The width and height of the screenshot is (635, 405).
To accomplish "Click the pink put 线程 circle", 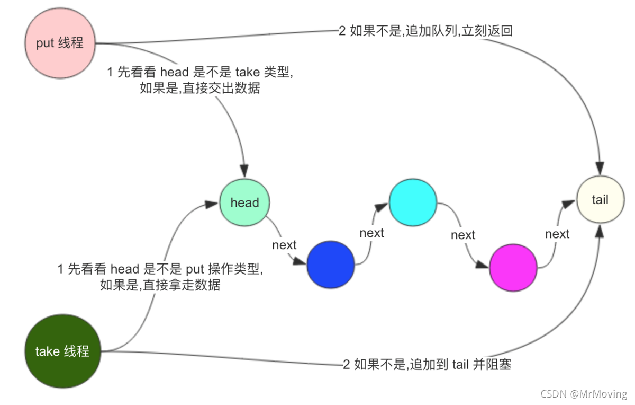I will [x=60, y=43].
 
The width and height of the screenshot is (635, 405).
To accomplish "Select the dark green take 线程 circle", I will [x=61, y=351].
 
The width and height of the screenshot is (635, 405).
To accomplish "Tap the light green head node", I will [x=244, y=202].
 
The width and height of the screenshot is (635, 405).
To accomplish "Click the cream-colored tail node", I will [x=600, y=200].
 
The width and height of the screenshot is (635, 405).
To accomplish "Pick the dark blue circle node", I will [x=331, y=265].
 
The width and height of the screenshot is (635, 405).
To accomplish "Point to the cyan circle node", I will [x=413, y=202].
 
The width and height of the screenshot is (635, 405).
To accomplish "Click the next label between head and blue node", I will [x=284, y=245].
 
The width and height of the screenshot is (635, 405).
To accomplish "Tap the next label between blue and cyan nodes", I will [x=371, y=233].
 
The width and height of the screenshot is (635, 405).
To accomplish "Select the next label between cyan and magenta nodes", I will [x=463, y=235].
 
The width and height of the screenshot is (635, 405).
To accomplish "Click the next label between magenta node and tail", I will [x=557, y=234].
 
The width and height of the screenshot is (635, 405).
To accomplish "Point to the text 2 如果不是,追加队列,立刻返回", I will [x=425, y=31].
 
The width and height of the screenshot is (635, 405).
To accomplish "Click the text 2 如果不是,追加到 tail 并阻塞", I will [x=427, y=364].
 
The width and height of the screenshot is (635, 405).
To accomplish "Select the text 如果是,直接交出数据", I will [x=200, y=88].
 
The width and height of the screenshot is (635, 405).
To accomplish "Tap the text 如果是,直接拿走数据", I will [x=160, y=285].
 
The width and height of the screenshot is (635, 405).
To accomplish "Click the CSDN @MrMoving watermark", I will [x=584, y=394].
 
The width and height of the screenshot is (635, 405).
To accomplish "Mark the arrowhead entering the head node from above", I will [x=244, y=171].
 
